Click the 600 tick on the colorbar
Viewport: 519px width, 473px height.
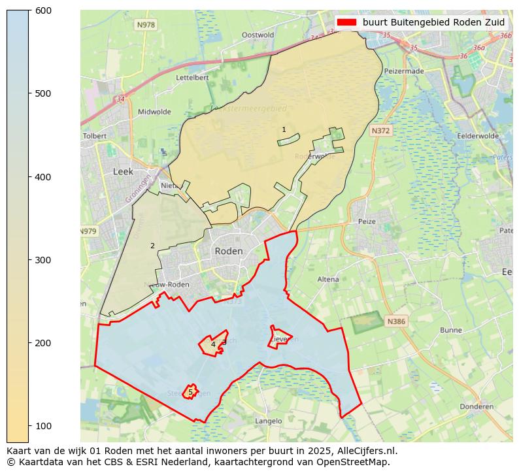click(x=29, y=10)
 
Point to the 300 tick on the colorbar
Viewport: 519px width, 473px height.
click(x=29, y=260)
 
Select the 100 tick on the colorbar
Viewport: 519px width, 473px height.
click(x=29, y=426)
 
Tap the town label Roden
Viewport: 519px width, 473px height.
click(x=229, y=252)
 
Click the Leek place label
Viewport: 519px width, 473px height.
click(x=123, y=172)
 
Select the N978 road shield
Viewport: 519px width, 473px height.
click(x=146, y=25)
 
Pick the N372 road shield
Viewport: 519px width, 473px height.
click(x=380, y=131)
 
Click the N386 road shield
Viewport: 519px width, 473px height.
click(x=395, y=321)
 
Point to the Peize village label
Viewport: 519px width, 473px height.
click(x=367, y=221)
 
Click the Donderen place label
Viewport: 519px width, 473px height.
click(x=477, y=406)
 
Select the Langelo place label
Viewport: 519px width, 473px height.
click(x=268, y=421)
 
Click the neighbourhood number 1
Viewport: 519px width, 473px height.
click(x=284, y=130)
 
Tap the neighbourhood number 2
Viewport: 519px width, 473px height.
click(x=152, y=246)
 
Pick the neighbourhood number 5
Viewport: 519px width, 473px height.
click(x=190, y=393)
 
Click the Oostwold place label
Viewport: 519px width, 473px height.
click(x=258, y=35)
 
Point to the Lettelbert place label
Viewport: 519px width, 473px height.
click(x=193, y=77)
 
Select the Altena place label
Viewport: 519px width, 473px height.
click(x=328, y=280)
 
